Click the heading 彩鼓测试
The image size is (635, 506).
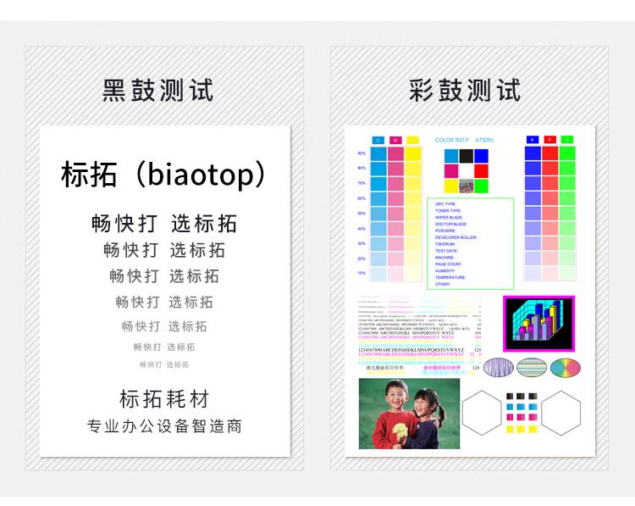click(465, 90)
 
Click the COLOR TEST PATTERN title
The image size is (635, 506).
click(463, 140)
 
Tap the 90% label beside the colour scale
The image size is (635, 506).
click(362, 153)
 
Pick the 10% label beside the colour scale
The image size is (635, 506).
click(362, 273)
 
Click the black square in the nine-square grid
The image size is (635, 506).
click(466, 156)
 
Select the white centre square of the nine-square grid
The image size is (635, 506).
click(466, 170)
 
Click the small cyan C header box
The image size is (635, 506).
click(378, 140)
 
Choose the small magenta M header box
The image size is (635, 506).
click(395, 140)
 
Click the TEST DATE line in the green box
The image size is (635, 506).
click(446, 251)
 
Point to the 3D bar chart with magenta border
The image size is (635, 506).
click(538, 323)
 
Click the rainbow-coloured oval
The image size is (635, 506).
click(566, 367)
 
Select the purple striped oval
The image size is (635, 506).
click(498, 367)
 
